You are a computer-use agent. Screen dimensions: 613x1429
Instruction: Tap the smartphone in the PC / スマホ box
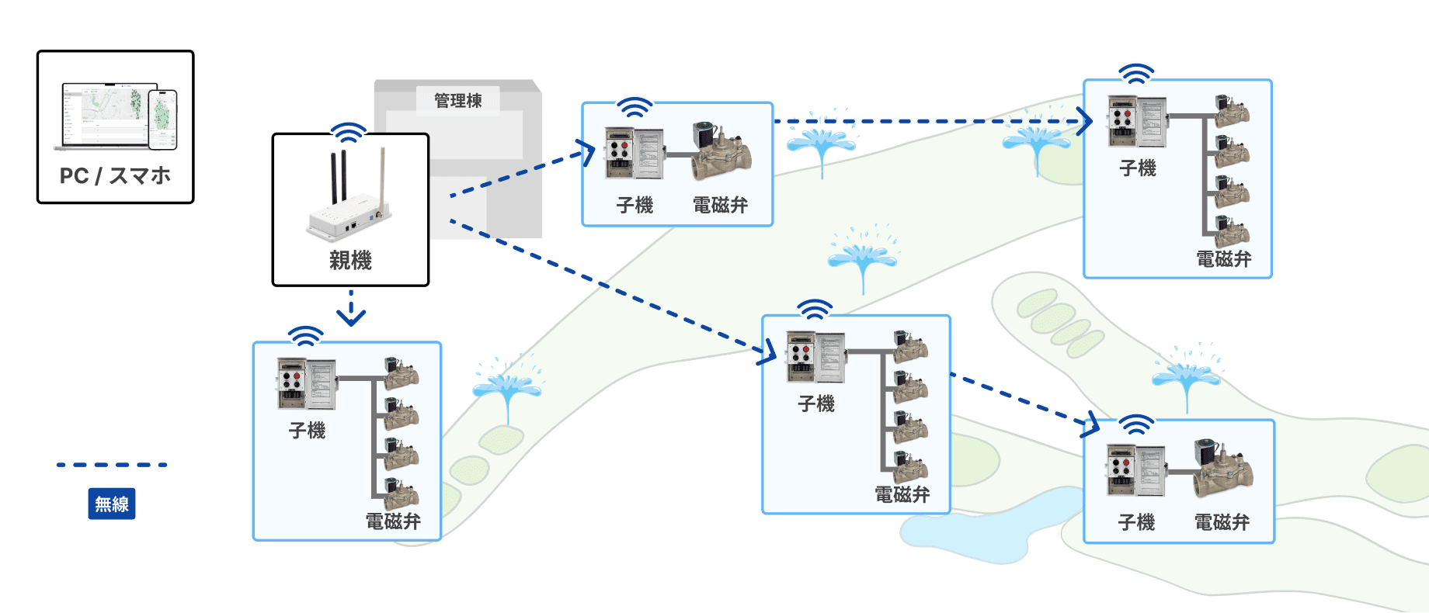coord(163,119)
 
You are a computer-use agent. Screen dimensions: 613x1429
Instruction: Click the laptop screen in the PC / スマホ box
coord(103,113)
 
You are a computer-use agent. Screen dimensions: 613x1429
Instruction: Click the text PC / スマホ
coord(115,176)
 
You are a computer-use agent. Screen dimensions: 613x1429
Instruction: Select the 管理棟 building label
coord(458,101)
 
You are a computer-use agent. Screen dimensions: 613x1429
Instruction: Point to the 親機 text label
coord(350,261)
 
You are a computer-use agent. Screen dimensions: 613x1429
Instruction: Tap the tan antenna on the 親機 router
coord(381,178)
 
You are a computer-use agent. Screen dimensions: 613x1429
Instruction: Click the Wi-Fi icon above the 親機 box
coord(349,132)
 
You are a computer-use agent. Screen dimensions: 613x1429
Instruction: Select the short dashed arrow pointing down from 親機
coord(351,308)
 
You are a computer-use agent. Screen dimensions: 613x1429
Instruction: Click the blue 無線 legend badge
coord(112,504)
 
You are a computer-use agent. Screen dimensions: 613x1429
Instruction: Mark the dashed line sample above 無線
coord(112,465)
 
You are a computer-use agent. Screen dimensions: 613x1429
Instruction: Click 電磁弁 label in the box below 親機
coord(393,521)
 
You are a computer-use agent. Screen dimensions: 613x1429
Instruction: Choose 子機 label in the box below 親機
coord(307,431)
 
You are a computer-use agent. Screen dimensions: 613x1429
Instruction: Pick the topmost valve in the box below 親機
coord(401,373)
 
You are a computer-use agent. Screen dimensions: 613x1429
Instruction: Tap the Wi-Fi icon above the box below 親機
coord(306,335)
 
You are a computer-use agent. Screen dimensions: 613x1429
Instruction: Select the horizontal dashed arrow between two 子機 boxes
coord(932,121)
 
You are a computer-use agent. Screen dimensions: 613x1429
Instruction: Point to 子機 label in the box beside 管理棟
coord(635,206)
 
